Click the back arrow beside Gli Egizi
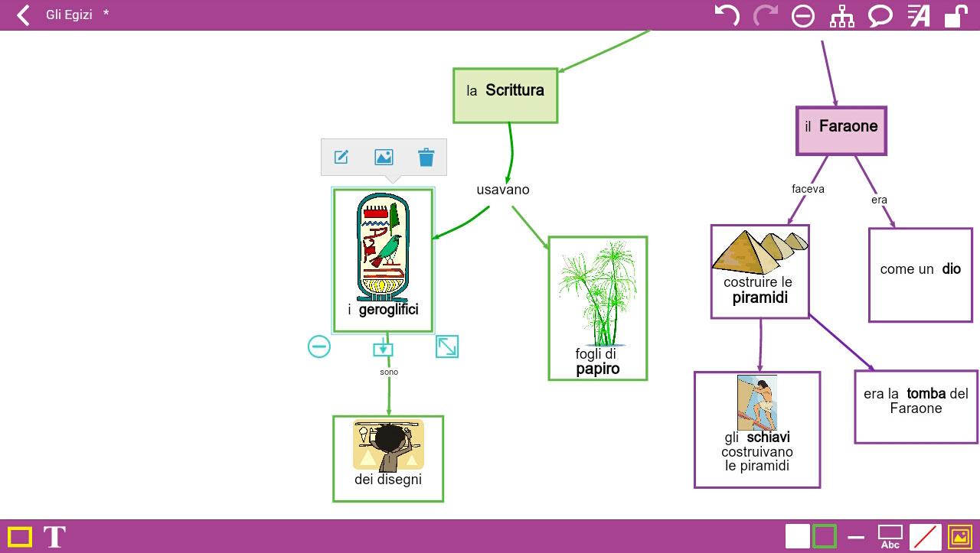[23, 15]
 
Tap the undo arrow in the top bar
[727, 15]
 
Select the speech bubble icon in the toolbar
[880, 16]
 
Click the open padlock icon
[955, 16]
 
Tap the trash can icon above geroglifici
[426, 158]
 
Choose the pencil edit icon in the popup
[341, 158]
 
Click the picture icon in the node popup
[384, 158]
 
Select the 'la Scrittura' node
[505, 95]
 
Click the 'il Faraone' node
[841, 131]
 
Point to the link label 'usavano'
[503, 190]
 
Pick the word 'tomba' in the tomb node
[926, 394]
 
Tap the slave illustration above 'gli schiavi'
[756, 402]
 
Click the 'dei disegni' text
[388, 480]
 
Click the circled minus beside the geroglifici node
[319, 346]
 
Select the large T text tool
[54, 537]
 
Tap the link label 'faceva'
[808, 189]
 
